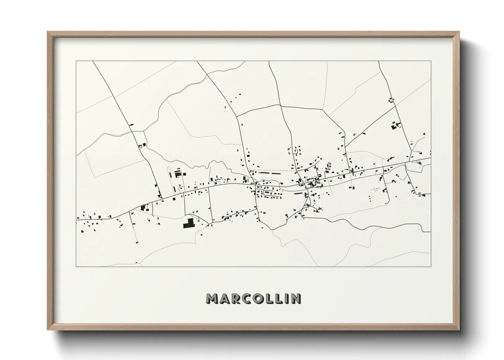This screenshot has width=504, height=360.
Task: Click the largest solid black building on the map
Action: (x=188, y=223)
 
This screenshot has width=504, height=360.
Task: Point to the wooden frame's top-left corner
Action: (x=48, y=32)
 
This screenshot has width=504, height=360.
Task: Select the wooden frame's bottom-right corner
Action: (x=459, y=329)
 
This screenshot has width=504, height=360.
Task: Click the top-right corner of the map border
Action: (x=431, y=61)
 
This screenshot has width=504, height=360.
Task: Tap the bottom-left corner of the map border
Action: (x=76, y=266)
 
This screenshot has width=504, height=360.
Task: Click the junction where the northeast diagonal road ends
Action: (x=345, y=137)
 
